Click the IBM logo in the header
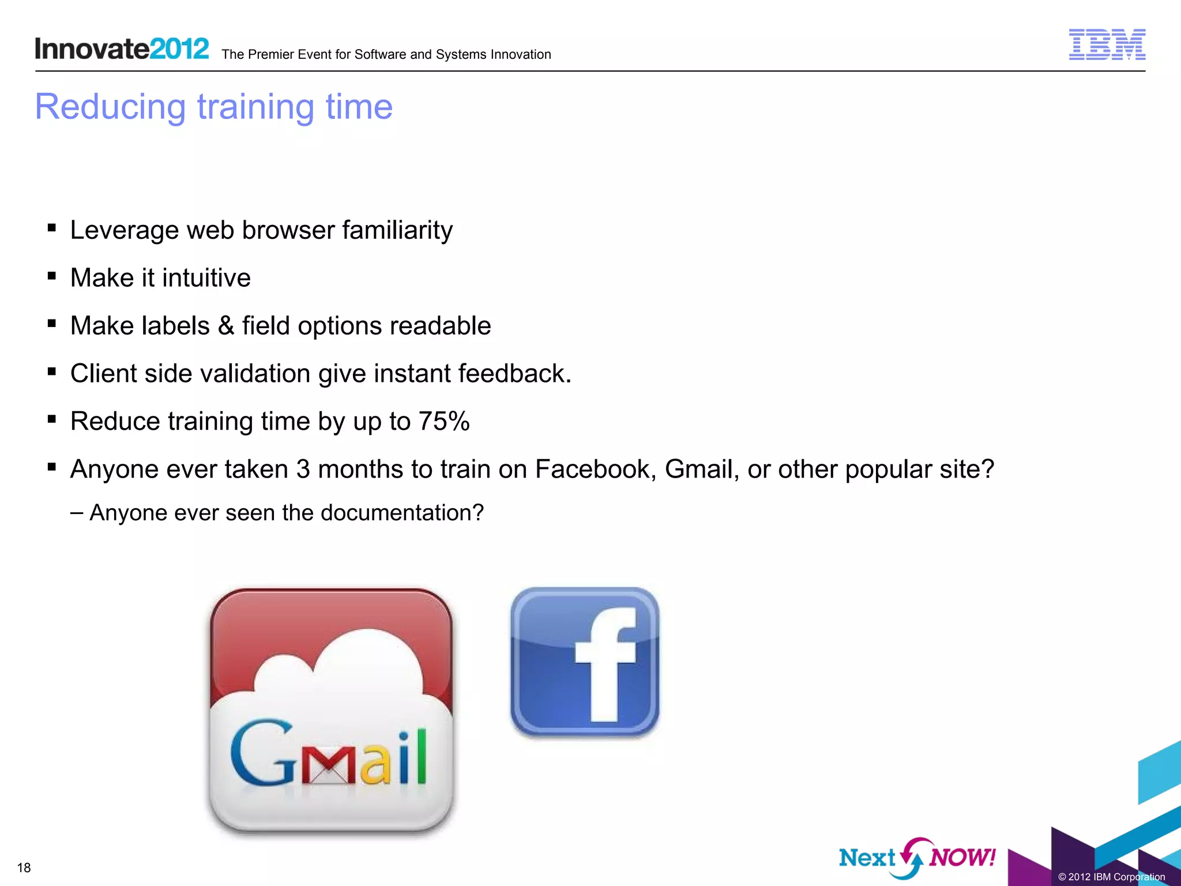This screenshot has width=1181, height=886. (x=1107, y=44)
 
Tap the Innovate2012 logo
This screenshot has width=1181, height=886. (x=122, y=48)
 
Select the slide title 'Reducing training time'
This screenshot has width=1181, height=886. (x=213, y=107)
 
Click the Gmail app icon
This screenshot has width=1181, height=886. (x=331, y=711)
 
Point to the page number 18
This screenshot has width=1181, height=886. (x=24, y=868)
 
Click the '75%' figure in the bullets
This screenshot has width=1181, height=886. (x=444, y=421)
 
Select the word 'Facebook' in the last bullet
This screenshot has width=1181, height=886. (x=595, y=469)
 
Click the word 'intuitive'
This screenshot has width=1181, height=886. (x=206, y=278)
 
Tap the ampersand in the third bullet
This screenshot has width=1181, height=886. (x=226, y=326)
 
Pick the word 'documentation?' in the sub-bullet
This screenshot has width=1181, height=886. (x=402, y=513)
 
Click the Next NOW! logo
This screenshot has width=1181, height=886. (x=917, y=858)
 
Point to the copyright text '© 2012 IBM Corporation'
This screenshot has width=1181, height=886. (x=1111, y=877)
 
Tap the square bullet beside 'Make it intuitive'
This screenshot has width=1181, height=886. (x=52, y=276)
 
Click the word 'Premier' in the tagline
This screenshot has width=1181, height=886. (x=269, y=55)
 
